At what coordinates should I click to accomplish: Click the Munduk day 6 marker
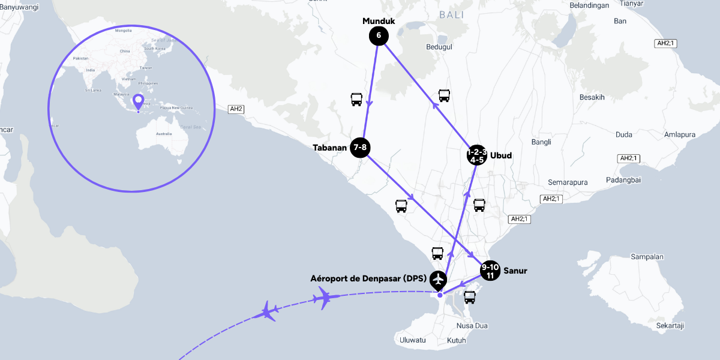click(379, 36)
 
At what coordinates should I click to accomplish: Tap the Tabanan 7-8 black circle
click(359, 148)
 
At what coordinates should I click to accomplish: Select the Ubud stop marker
click(477, 155)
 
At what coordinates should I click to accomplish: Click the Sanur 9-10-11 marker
click(490, 271)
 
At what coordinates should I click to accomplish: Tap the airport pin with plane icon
click(439, 280)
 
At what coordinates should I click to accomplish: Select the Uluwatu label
click(412, 340)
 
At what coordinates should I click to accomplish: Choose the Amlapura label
click(680, 135)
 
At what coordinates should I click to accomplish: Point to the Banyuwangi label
click(20, 7)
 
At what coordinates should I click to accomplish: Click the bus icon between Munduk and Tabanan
click(356, 100)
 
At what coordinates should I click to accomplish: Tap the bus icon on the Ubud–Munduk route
click(444, 95)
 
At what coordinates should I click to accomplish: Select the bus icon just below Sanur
click(470, 297)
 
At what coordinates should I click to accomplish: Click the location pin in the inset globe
click(139, 102)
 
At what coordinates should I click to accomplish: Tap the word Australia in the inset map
click(159, 133)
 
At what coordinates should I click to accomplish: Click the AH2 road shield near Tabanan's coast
click(236, 109)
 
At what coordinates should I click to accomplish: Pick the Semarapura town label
click(568, 182)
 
